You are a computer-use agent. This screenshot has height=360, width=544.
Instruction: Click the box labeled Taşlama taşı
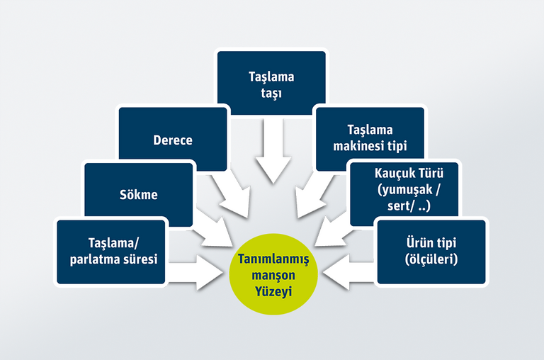pyautogui.click(x=271, y=84)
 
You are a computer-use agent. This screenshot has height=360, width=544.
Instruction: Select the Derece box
pyautogui.click(x=173, y=140)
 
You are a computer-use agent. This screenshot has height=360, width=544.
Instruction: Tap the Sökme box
pyautogui.click(x=139, y=194)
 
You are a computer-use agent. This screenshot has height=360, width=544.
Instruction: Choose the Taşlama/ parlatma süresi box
pyautogui.click(x=112, y=251)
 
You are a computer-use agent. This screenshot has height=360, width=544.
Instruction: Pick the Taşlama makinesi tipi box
pyautogui.click(x=370, y=138)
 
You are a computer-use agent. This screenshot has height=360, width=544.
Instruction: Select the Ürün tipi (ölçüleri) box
pyautogui.click(x=431, y=251)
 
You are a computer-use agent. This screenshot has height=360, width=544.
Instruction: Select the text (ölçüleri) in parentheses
pyautogui.click(x=431, y=259)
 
